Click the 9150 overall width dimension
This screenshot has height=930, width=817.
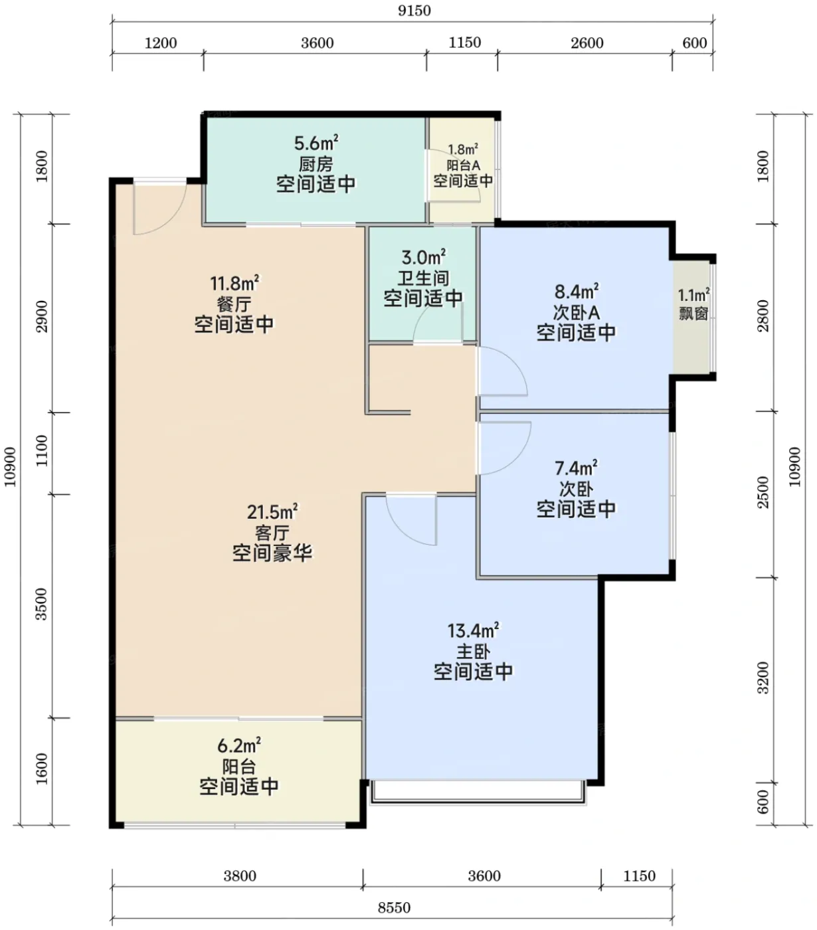(x=414, y=11)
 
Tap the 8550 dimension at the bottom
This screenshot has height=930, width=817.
(x=394, y=908)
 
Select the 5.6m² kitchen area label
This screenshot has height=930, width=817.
(x=316, y=143)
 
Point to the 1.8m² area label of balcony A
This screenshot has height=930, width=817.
(x=463, y=149)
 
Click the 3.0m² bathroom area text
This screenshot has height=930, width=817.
(x=424, y=257)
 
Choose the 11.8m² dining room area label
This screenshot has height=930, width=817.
(x=234, y=283)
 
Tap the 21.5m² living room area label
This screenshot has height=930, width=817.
(x=272, y=511)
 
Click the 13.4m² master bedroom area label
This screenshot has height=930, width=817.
(x=473, y=630)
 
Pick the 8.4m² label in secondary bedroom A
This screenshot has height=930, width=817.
(x=577, y=292)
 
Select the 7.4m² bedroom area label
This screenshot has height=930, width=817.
(x=576, y=468)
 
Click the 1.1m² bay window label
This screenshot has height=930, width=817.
(x=693, y=295)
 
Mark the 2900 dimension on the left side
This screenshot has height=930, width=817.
(x=42, y=317)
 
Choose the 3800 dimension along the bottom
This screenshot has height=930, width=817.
(x=240, y=876)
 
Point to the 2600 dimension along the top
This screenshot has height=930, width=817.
(x=587, y=43)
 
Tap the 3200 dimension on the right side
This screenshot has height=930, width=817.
(x=763, y=678)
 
